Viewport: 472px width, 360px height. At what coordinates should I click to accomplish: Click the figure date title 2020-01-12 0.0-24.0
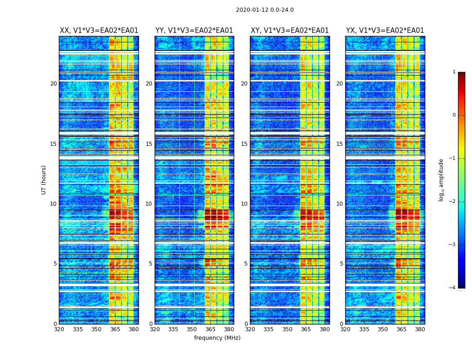click(x=265, y=10)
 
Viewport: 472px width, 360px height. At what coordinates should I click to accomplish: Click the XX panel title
click(x=99, y=31)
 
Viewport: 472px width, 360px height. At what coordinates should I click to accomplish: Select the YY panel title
click(x=194, y=31)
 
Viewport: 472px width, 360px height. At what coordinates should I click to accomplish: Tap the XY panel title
click(x=289, y=31)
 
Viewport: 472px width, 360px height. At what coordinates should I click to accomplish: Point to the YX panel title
click(x=385, y=31)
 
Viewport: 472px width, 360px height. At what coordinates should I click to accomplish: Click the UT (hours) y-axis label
click(x=44, y=180)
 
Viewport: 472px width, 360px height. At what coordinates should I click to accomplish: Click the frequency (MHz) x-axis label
click(x=217, y=338)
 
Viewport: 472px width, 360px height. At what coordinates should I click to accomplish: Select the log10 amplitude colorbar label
click(x=441, y=180)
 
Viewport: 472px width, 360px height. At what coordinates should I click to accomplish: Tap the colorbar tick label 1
click(x=454, y=72)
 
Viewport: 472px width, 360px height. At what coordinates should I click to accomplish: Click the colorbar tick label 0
click(x=454, y=115)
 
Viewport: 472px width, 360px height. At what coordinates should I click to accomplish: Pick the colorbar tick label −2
click(x=453, y=202)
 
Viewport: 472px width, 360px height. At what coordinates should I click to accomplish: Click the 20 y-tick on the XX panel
click(x=53, y=84)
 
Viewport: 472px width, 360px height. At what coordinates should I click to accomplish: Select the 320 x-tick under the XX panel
click(x=59, y=329)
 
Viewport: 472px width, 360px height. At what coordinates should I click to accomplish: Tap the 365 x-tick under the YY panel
click(x=211, y=329)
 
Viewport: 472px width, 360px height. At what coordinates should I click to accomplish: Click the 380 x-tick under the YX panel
click(x=420, y=329)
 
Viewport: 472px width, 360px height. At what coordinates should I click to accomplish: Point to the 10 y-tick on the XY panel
click(x=244, y=204)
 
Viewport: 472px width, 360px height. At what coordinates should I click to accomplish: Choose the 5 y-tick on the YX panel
click(x=341, y=264)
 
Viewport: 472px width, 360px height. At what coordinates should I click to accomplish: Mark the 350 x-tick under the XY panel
click(x=287, y=329)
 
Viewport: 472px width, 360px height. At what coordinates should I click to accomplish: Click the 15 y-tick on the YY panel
click(x=149, y=144)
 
